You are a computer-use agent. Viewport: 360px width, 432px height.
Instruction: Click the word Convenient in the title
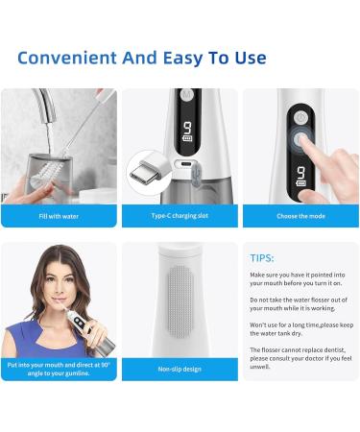[69, 58]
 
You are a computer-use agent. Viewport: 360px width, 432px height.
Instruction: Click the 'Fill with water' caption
[59, 216]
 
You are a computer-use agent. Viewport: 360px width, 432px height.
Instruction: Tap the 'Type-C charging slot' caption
[180, 216]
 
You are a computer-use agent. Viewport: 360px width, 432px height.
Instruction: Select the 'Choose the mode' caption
[299, 216]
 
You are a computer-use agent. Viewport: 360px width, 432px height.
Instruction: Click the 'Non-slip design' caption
[180, 369]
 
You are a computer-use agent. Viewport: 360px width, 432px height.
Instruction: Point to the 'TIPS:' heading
[262, 258]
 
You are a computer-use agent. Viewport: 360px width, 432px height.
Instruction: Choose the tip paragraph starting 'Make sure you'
[298, 279]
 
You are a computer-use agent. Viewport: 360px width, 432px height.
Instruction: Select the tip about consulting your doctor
[298, 359]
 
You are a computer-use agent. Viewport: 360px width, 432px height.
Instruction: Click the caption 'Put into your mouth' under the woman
[59, 369]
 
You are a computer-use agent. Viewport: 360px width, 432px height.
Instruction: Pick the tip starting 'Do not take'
[298, 304]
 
